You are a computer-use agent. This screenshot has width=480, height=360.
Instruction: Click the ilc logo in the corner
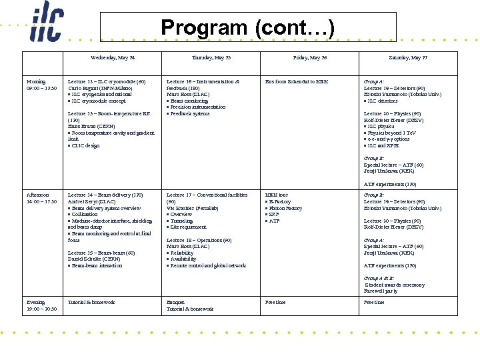(46, 24)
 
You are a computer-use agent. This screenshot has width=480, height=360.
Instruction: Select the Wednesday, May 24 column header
(113, 58)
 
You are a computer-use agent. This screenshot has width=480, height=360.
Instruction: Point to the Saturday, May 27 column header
(408, 58)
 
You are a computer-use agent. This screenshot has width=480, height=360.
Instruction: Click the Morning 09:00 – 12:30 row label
(41, 85)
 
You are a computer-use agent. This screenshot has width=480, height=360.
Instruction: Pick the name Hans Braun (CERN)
(93, 126)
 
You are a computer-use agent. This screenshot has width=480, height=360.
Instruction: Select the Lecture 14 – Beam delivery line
(105, 195)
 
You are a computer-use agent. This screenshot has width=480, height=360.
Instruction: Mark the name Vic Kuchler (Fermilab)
(194, 208)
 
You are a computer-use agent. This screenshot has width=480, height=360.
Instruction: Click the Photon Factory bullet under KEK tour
(285, 208)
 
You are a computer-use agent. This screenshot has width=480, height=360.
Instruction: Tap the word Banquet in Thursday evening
(176, 302)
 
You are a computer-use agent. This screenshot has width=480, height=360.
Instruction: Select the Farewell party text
(381, 291)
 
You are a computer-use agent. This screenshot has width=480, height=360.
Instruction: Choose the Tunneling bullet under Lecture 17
(183, 221)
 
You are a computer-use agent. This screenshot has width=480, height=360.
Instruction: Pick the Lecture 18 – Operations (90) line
(199, 240)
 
